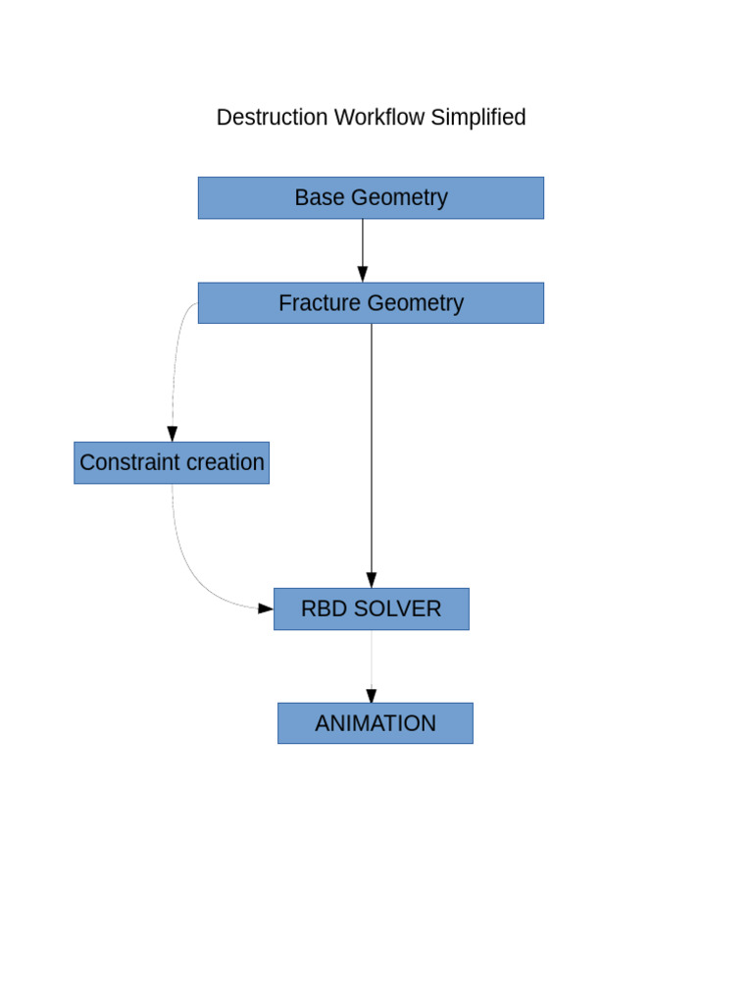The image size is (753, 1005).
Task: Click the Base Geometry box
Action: coord(371,197)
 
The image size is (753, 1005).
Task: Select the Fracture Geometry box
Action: coord(371,303)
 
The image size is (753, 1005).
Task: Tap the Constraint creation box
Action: coord(172,462)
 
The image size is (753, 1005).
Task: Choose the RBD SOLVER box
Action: coord(371,608)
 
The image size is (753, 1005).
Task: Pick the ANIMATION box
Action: coord(376,723)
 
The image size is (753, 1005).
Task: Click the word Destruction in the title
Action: coord(272,118)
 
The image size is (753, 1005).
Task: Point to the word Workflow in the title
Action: coord(378,118)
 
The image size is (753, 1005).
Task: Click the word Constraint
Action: coord(125,462)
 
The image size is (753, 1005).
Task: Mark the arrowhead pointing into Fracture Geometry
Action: coord(363,274)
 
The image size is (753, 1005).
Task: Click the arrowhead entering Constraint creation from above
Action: coord(173,434)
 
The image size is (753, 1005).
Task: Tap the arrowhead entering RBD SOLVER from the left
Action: coord(265,608)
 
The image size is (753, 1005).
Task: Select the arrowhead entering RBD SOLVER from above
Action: coord(372,580)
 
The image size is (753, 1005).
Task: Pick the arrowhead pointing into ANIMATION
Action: coord(372,695)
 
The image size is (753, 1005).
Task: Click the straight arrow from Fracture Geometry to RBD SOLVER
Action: coord(372,451)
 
